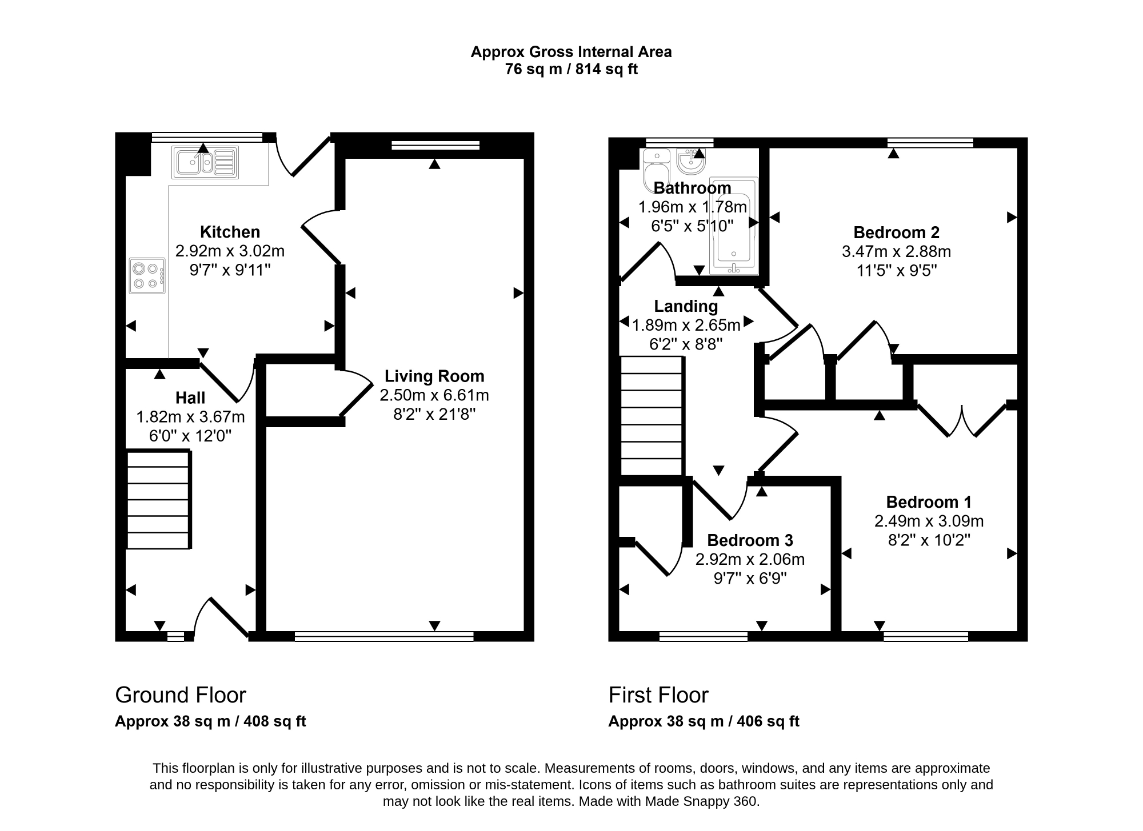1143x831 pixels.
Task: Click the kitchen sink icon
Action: point(205,162)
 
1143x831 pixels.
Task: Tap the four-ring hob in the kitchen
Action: point(147,276)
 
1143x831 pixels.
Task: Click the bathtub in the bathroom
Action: point(734,225)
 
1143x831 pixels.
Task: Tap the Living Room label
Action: point(434,376)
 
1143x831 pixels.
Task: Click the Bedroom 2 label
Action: point(896,232)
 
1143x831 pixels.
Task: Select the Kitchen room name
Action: point(230,232)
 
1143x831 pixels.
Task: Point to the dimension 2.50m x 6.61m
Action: point(434,395)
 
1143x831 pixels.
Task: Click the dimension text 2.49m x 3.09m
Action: point(929,521)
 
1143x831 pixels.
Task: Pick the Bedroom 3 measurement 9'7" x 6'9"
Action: point(750,578)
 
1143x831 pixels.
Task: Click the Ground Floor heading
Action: point(181,695)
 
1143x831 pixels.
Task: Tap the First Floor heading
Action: point(658,695)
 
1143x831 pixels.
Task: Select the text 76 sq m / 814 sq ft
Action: point(571,69)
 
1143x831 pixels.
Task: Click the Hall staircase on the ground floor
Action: point(158,500)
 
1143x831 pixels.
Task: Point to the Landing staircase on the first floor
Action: point(652,416)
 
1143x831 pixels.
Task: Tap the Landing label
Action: point(686,306)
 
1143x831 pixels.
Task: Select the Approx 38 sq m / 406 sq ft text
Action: point(704,721)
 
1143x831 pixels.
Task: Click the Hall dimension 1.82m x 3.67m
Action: point(190,417)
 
